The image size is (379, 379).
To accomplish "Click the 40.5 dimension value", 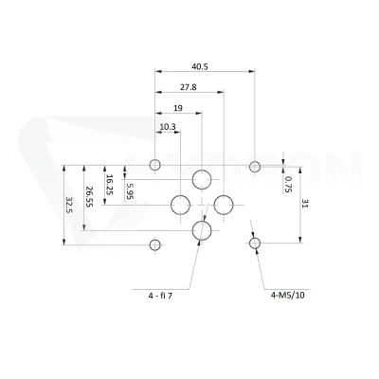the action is pyautogui.click(x=200, y=67).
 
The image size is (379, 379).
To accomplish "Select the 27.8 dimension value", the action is pyautogui.click(x=189, y=87).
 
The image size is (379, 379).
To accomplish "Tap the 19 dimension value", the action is pyautogui.click(x=178, y=108).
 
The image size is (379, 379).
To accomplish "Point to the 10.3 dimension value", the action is pyautogui.click(x=168, y=127).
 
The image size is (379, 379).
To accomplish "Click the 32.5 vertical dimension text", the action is pyautogui.click(x=69, y=205).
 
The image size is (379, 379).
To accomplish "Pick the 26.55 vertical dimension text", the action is pyautogui.click(x=89, y=197).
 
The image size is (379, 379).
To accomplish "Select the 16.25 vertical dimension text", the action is pyautogui.click(x=109, y=185).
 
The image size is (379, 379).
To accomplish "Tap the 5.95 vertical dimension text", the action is pyautogui.click(x=130, y=191).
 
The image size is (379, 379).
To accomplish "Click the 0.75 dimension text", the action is pyautogui.click(x=288, y=184).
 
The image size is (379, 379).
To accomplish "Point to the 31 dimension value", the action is pyautogui.click(x=305, y=203).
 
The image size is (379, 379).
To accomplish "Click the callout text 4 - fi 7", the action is pyautogui.click(x=160, y=296).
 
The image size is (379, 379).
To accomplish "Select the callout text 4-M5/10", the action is pyautogui.click(x=288, y=296).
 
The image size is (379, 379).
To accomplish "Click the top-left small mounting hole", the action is pyautogui.click(x=154, y=160).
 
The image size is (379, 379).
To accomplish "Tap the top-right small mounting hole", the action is pyautogui.click(x=255, y=161).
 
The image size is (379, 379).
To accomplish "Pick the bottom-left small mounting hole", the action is pyautogui.click(x=154, y=240).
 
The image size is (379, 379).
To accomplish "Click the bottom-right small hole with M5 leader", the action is pyautogui.click(x=255, y=238).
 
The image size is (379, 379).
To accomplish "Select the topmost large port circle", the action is pyautogui.click(x=202, y=170).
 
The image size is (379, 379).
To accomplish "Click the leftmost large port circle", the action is pyautogui.click(x=180, y=195).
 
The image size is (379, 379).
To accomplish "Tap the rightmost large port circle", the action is pyautogui.click(x=224, y=195).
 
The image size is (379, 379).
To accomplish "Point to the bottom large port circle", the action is pyautogui.click(x=202, y=221).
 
